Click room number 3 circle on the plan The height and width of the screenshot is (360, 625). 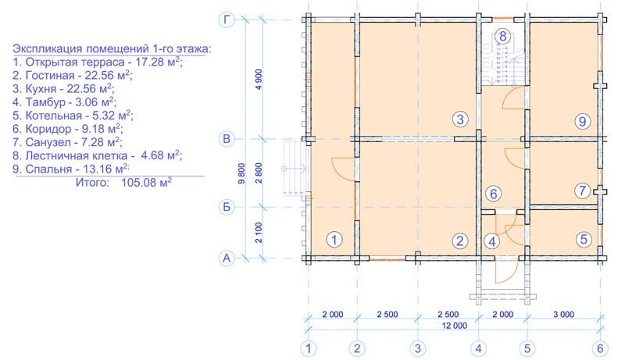pyautogui.click(x=460, y=119)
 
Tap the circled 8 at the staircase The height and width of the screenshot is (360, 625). pyautogui.click(x=502, y=36)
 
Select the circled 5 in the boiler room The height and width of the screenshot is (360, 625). pyautogui.click(x=584, y=239)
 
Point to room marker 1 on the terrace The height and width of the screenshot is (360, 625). pyautogui.click(x=334, y=240)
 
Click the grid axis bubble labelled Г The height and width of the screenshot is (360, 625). pyautogui.click(x=227, y=20)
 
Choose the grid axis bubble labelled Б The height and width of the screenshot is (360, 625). pyautogui.click(x=227, y=207)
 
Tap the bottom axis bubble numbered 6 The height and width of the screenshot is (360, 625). pyautogui.click(x=600, y=349)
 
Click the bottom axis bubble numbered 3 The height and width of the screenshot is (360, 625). pyautogui.click(x=418, y=349)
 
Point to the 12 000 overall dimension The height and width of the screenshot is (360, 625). pyautogui.click(x=455, y=326)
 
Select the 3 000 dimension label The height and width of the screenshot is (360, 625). pyautogui.click(x=563, y=315)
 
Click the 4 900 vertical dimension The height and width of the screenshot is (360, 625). pyautogui.click(x=259, y=79)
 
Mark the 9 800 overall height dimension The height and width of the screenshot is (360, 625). pyautogui.click(x=241, y=173)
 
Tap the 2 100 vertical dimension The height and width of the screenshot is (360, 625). pyautogui.click(x=259, y=233)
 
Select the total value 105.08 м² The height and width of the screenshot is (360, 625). pyautogui.click(x=146, y=183)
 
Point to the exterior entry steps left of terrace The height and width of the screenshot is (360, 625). pyautogui.click(x=295, y=168)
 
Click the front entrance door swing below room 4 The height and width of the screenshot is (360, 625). pyautogui.click(x=506, y=271)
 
